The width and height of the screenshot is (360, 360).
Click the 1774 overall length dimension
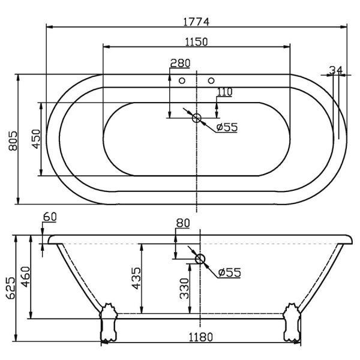tap(196, 22)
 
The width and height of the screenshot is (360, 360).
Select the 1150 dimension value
tap(196, 42)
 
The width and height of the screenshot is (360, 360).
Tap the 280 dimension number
tap(180, 63)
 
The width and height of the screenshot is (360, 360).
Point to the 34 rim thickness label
tap(335, 70)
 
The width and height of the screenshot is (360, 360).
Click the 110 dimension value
tap(225, 92)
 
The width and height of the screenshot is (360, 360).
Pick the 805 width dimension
tap(13, 141)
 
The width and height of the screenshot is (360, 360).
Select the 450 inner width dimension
tap(36, 139)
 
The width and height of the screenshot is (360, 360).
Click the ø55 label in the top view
tap(227, 127)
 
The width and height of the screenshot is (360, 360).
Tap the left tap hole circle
tap(182, 80)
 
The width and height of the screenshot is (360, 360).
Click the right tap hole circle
tap(211, 80)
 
